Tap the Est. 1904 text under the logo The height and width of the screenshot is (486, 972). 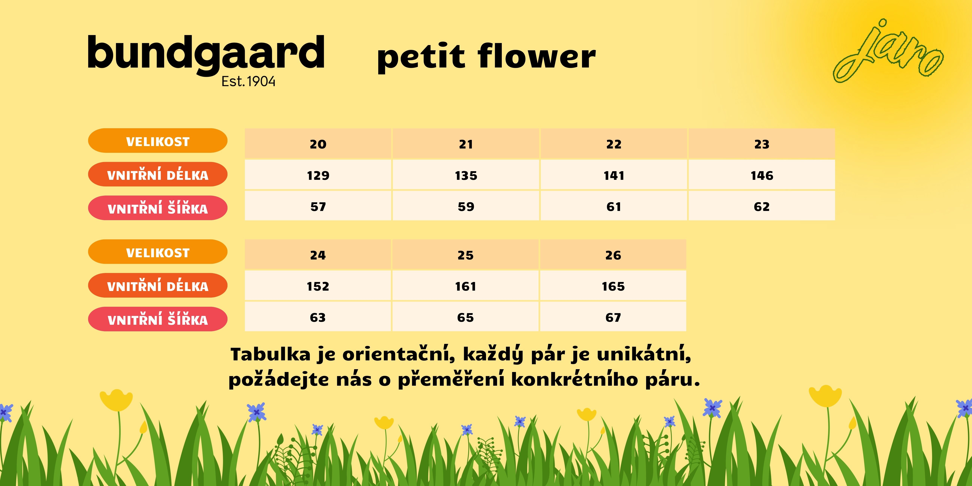248,82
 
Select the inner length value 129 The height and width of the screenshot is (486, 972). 318,175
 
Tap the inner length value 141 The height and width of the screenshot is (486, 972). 614,175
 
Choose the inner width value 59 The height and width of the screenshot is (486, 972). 466,207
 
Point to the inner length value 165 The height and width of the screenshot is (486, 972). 613,286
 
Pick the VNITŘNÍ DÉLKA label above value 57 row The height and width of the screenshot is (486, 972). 158,174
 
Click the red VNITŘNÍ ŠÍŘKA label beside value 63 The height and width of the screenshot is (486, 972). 158,319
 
